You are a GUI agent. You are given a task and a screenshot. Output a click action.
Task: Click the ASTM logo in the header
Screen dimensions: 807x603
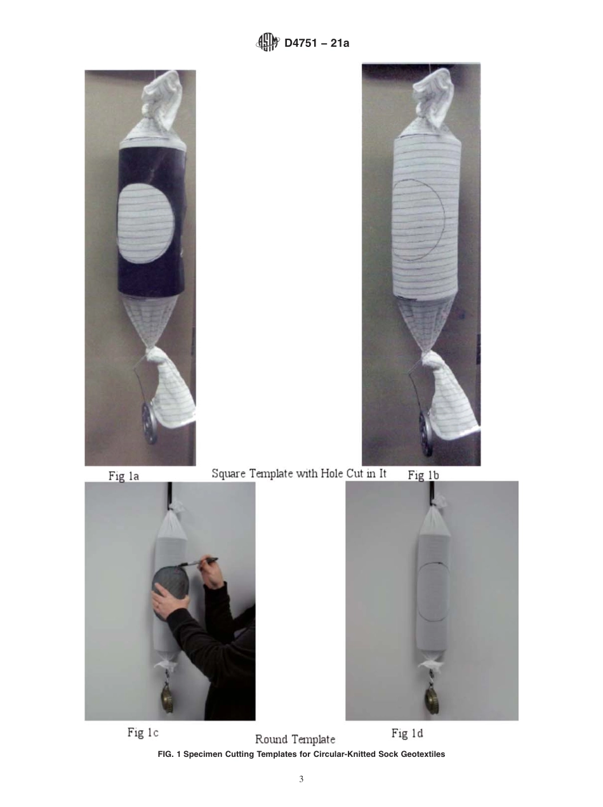click(267, 43)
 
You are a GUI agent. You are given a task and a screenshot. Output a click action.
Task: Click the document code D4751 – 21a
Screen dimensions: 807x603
click(317, 43)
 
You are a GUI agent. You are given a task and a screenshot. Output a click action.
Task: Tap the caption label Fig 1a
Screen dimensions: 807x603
click(124, 475)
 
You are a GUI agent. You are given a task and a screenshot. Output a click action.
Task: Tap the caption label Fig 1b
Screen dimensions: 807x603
click(424, 475)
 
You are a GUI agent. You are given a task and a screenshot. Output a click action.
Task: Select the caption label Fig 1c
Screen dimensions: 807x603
click(143, 733)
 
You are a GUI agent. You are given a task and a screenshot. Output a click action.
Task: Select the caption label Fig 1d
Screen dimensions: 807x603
click(407, 733)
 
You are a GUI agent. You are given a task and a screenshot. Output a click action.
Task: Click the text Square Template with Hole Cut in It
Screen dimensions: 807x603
click(298, 474)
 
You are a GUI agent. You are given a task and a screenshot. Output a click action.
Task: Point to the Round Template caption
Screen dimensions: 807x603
click(295, 739)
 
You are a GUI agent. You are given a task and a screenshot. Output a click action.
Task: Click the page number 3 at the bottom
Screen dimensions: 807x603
click(301, 779)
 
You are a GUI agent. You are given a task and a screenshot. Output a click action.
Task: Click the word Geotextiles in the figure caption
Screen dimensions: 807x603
click(420, 754)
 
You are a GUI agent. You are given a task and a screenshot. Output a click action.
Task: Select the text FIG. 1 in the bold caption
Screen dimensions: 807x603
click(168, 754)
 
